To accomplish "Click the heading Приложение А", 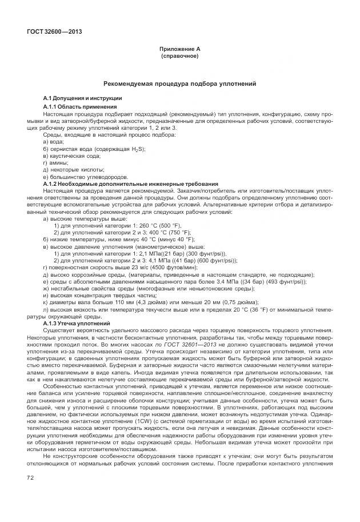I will click(179, 49).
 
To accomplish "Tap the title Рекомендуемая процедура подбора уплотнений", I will click(179, 84).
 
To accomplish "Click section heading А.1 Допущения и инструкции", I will click(82, 99).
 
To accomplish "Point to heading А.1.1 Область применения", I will click(80, 106).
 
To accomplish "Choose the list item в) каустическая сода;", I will click(71, 156).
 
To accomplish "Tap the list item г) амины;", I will click(56, 162).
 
